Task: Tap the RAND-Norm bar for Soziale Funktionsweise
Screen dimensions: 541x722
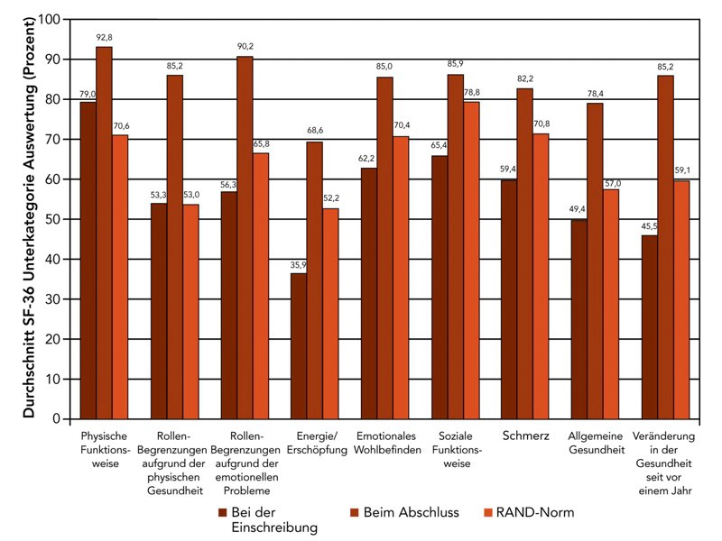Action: click(472, 261)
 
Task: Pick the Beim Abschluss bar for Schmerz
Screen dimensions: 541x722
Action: click(525, 253)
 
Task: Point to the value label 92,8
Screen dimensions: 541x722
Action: click(104, 37)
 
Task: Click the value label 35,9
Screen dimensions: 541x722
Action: click(298, 264)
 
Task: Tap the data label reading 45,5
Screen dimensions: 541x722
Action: click(649, 226)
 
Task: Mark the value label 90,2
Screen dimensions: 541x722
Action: click(245, 47)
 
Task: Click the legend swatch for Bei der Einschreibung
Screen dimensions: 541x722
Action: click(222, 512)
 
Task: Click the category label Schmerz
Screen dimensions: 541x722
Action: click(525, 436)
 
